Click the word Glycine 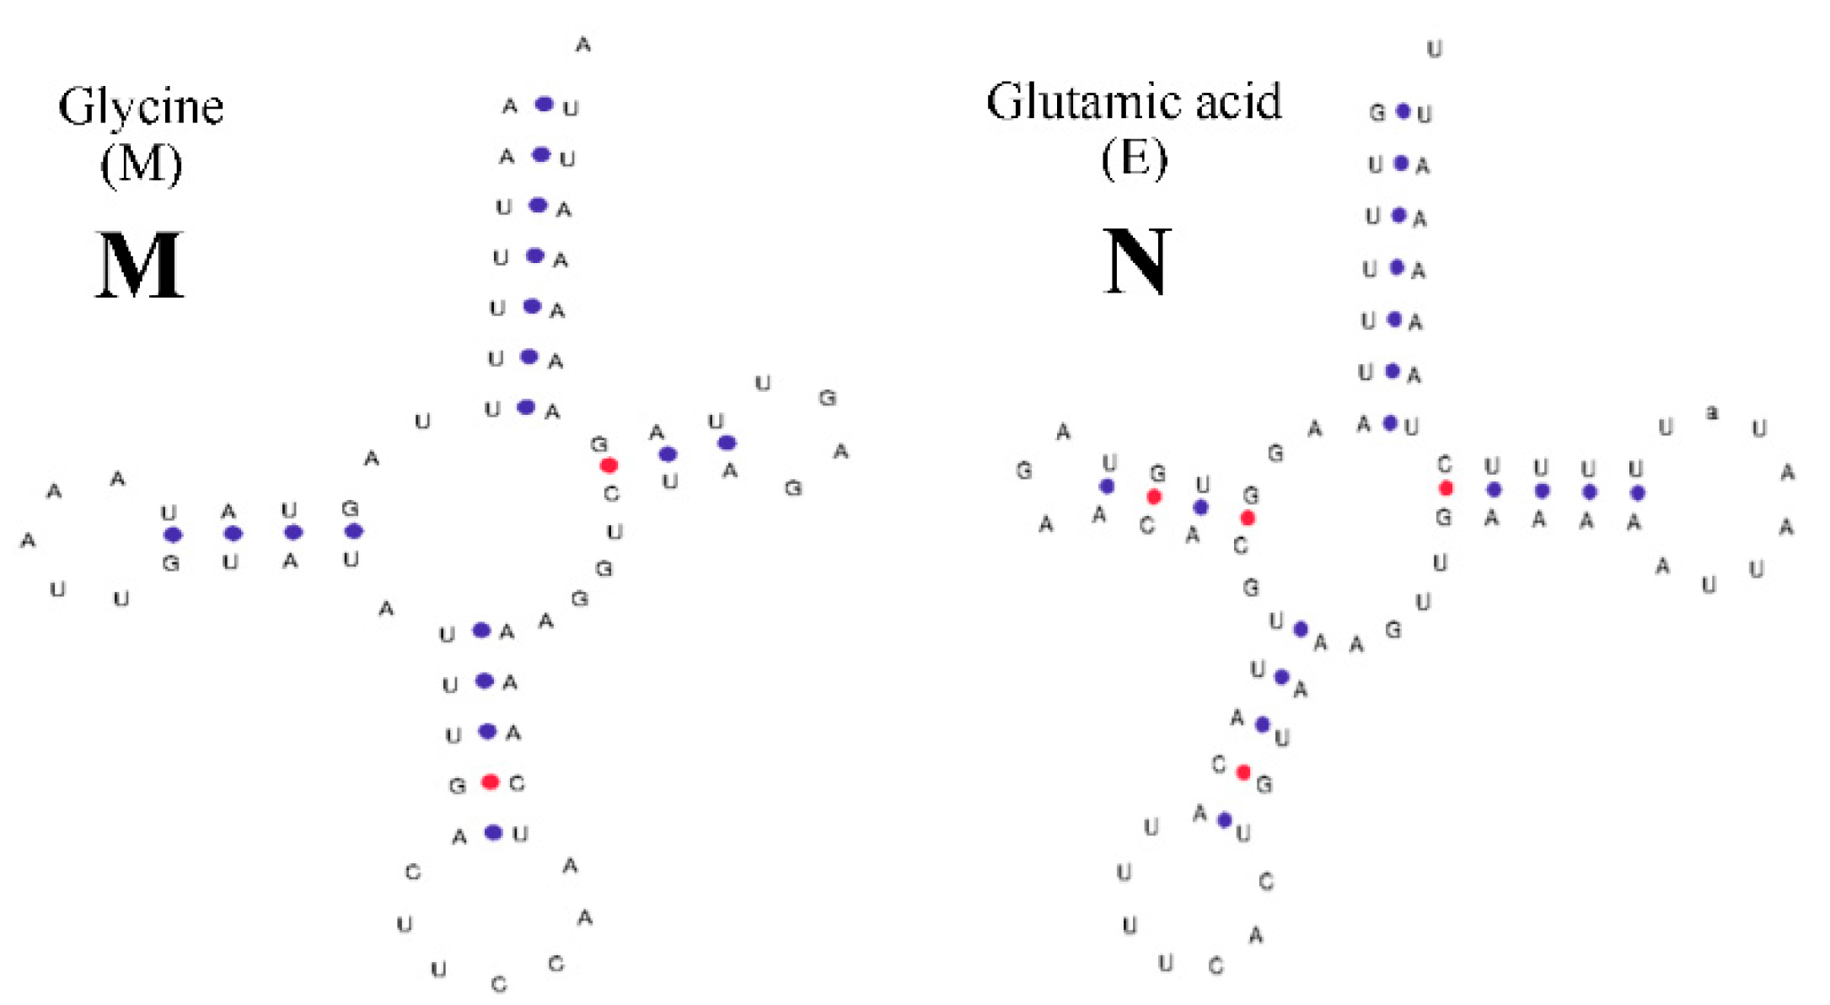(141, 108)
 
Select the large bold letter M (139, 265)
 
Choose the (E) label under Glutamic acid (1135, 158)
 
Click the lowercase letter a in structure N (1712, 412)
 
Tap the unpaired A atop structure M (583, 45)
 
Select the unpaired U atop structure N (1434, 50)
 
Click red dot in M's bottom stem (490, 782)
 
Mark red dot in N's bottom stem (1243, 772)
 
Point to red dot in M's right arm (609, 465)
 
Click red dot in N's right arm (1446, 488)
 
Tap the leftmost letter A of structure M (28, 540)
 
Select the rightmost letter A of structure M (840, 452)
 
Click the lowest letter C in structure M (499, 984)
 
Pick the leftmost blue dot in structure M (173, 535)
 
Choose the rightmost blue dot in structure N (1637, 492)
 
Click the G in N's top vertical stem (1377, 113)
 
